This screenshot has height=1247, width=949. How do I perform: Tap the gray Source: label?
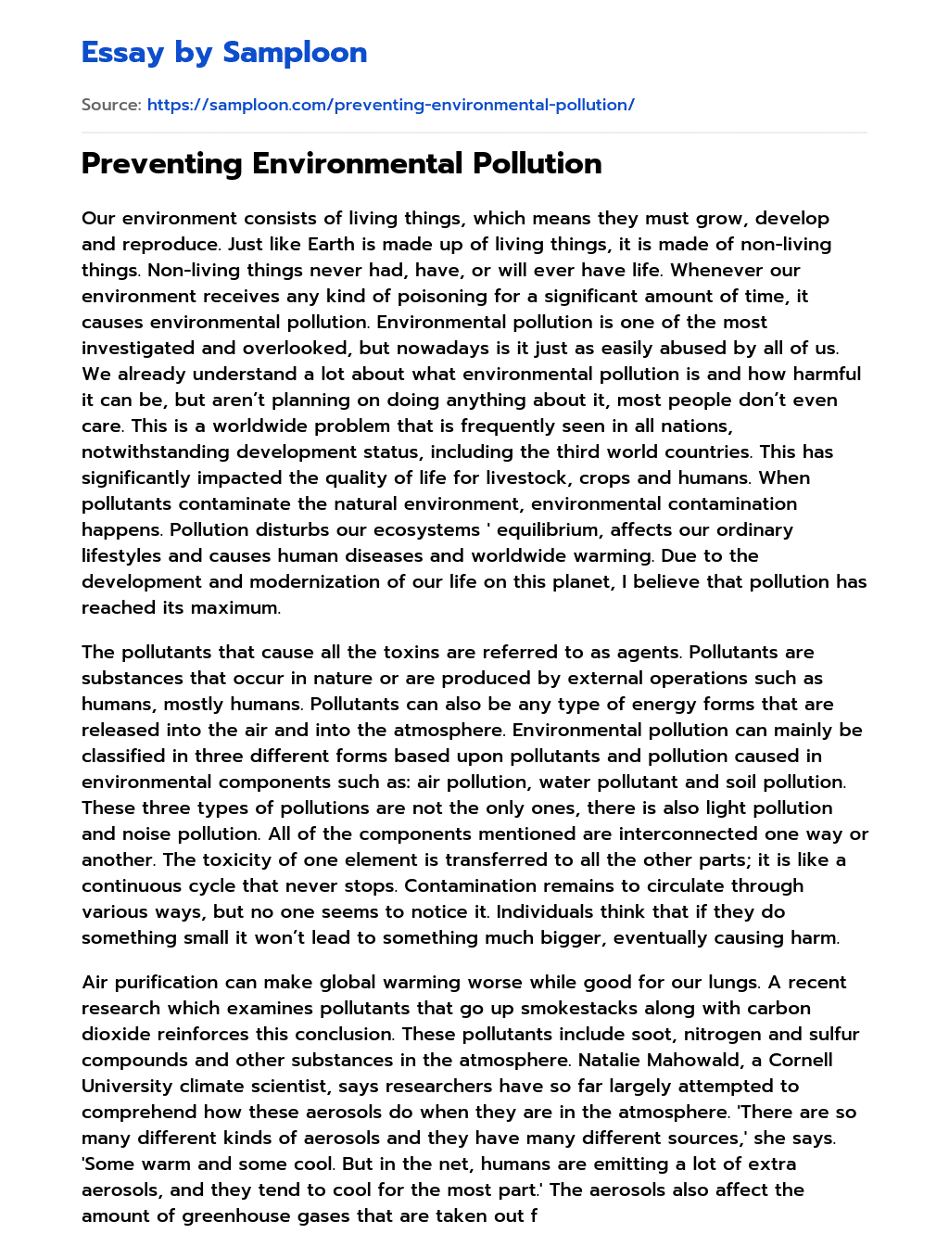tap(111, 105)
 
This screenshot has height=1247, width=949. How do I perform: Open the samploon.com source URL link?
tap(390, 105)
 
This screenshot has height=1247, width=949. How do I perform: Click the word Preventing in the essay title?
tap(162, 164)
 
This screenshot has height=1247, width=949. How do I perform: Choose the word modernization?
tap(335, 582)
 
